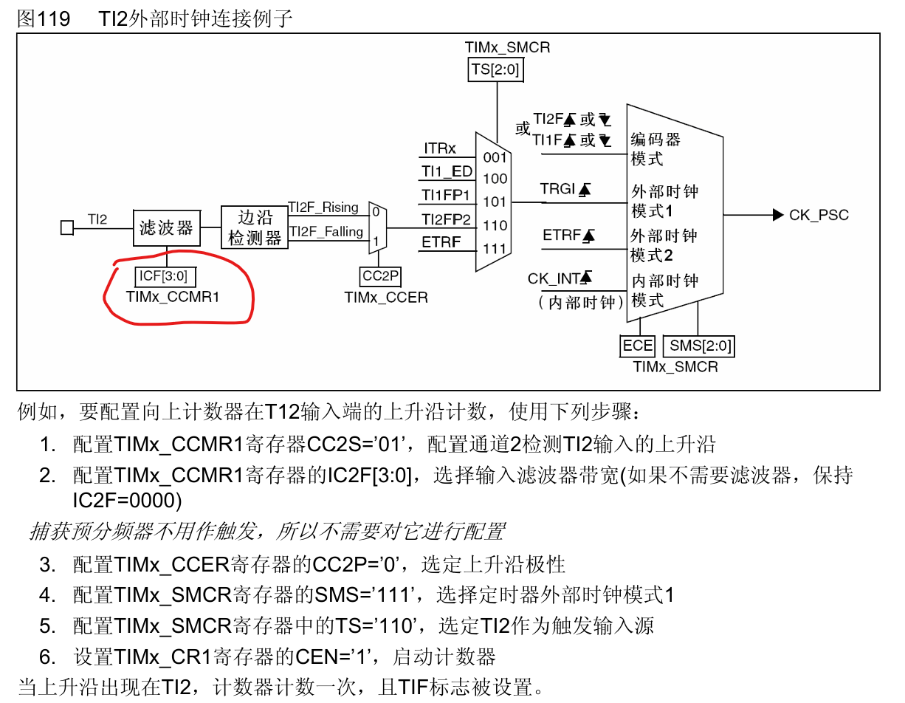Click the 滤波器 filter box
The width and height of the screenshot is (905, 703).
[167, 227]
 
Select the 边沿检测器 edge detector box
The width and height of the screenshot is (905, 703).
[255, 227]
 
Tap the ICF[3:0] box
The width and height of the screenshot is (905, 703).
[163, 277]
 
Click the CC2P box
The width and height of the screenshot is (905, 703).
[381, 277]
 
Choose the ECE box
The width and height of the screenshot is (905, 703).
[638, 346]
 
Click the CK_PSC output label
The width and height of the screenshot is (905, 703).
[819, 215]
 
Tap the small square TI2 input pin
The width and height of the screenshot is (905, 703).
[67, 227]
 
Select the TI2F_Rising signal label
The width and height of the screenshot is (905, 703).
[323, 208]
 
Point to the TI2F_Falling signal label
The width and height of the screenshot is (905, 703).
[326, 231]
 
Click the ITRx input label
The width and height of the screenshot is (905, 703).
[440, 148]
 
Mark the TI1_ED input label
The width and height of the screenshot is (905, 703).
[447, 171]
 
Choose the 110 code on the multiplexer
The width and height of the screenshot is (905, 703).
[495, 225]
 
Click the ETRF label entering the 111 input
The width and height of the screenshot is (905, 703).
[441, 241]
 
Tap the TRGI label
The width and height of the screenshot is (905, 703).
[557, 189]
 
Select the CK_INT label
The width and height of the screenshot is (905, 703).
[553, 278]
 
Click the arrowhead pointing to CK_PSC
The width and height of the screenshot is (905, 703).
[777, 215]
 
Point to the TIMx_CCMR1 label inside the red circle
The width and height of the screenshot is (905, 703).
[173, 297]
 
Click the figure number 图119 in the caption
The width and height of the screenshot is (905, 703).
[44, 18]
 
